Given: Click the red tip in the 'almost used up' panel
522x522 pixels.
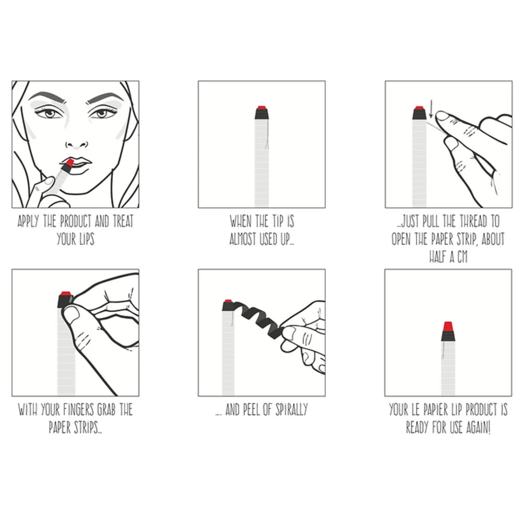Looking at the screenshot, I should point(262,108).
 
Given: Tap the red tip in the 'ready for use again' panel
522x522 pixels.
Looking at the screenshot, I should point(448,327).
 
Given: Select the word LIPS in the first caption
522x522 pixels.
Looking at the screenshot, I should point(84,240).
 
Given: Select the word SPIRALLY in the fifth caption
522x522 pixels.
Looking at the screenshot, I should point(290,410).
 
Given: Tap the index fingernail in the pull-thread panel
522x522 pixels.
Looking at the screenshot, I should point(442,116).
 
